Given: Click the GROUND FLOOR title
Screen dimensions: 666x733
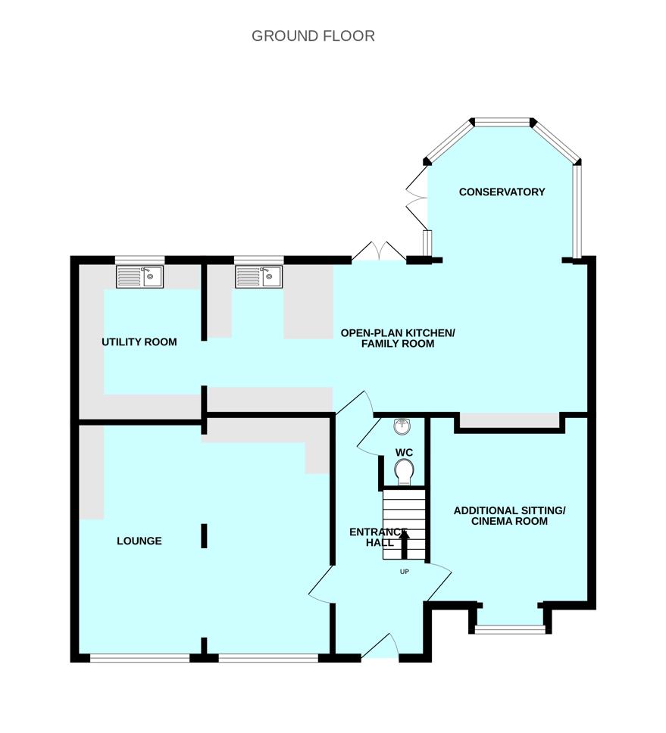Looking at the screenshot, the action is (313, 36).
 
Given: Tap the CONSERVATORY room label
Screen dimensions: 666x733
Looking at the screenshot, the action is (502, 192).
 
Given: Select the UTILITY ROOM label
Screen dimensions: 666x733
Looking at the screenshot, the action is (139, 342).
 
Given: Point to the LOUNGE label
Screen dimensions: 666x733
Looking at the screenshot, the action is (139, 541).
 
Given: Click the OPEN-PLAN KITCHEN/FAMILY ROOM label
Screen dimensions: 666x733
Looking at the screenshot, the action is (398, 338).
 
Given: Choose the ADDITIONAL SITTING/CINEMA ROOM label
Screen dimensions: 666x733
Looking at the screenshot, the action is (509, 516).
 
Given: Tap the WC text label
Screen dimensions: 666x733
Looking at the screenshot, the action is (404, 453).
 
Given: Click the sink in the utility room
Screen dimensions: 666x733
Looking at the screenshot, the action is (140, 276).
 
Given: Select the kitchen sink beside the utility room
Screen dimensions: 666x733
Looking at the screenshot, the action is (259, 276).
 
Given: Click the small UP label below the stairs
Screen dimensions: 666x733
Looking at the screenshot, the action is (405, 572).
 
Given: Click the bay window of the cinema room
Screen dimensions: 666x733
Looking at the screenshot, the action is (510, 630).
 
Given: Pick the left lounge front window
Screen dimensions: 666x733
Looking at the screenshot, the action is (140, 658).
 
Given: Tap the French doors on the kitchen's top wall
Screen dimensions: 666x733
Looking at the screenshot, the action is (379, 251).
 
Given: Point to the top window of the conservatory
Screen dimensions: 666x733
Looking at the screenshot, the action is (502, 123).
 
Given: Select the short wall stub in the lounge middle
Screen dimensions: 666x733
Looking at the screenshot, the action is (204, 535).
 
